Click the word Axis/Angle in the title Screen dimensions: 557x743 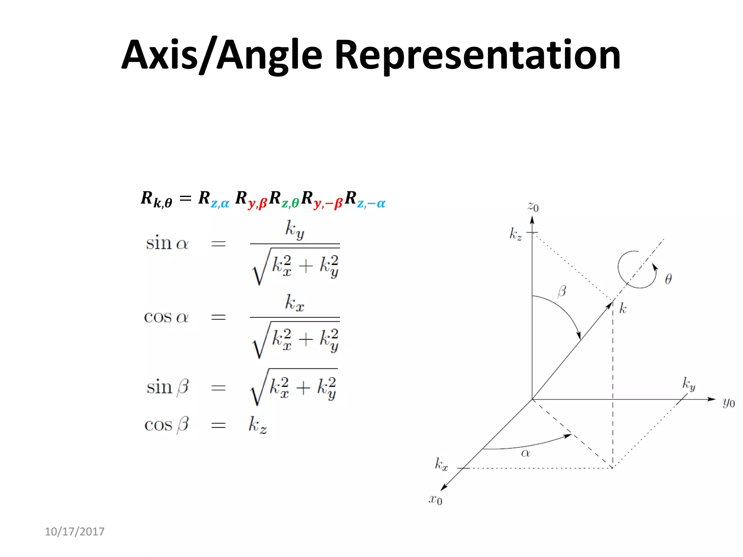pyautogui.click(x=222, y=55)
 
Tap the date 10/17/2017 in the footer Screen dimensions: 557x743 pyautogui.click(x=74, y=532)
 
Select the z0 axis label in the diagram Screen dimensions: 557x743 pyautogui.click(x=533, y=207)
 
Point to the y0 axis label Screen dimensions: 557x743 pyautogui.click(x=728, y=403)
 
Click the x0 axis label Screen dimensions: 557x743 pyautogui.click(x=435, y=500)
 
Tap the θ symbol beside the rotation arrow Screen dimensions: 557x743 pyautogui.click(x=668, y=279)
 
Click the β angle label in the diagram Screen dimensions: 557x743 pyautogui.click(x=562, y=291)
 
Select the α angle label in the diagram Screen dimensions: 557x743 pyautogui.click(x=525, y=453)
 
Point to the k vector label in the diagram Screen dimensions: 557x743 pyautogui.click(x=623, y=308)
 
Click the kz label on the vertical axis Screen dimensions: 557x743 pyautogui.click(x=516, y=234)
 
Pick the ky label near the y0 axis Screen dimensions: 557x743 pyautogui.click(x=688, y=384)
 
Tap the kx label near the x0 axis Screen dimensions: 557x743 pyautogui.click(x=441, y=464)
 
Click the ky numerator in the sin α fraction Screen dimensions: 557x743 pyautogui.click(x=294, y=230)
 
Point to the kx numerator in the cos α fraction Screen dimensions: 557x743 pyautogui.click(x=294, y=303)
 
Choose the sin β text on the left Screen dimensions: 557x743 pyautogui.click(x=167, y=387)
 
